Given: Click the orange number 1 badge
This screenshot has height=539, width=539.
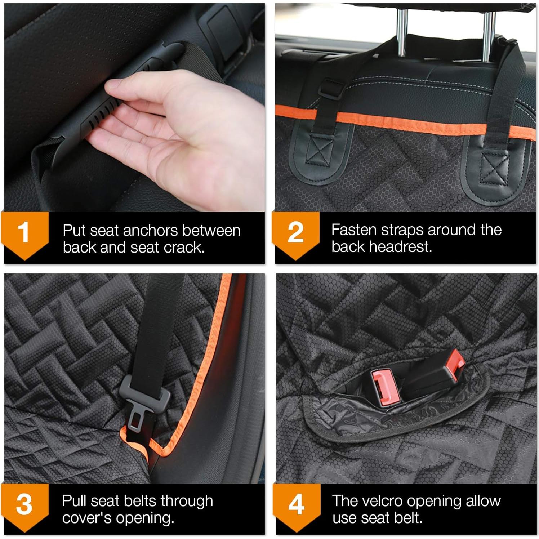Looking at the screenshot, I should point(24,232).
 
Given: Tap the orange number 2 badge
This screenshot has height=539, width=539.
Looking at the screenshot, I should point(295,232).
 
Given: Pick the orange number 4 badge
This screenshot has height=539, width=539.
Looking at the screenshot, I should point(296,504).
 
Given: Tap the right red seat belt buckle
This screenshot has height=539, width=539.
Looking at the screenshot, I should point(453,364).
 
